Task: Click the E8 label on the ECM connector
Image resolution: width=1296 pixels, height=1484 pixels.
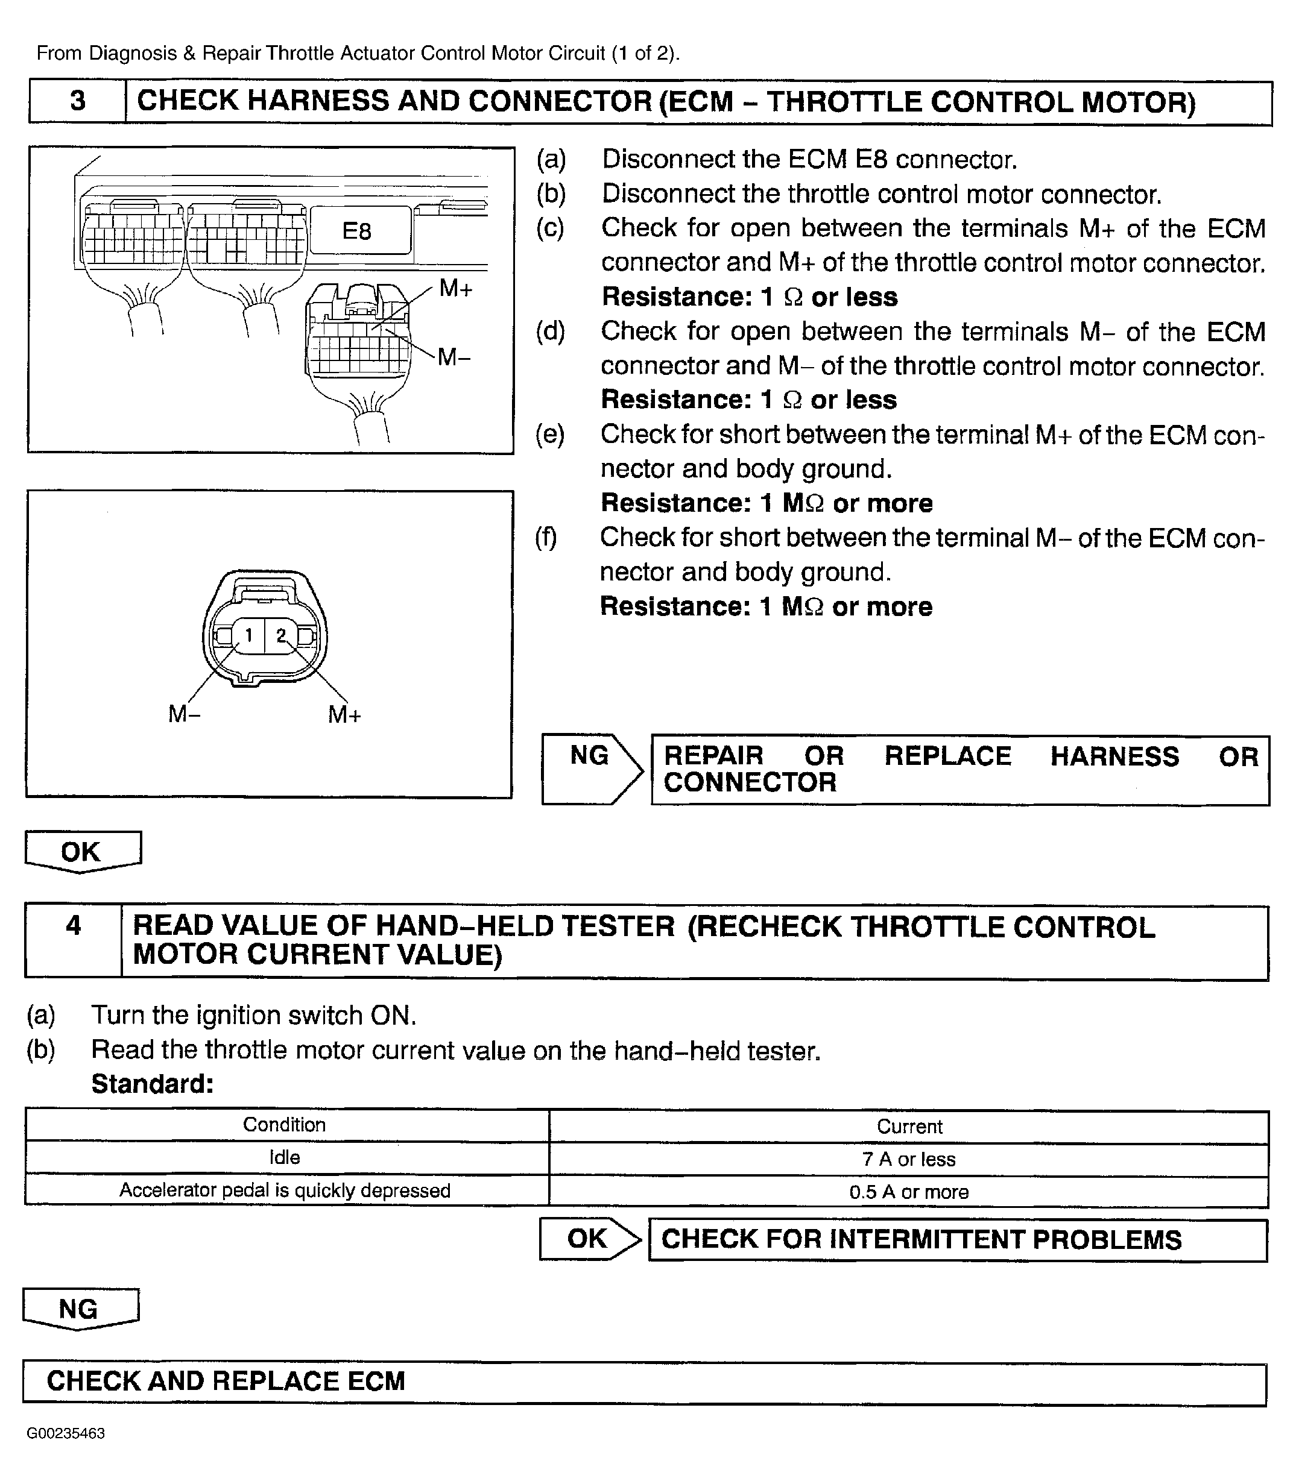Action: [x=356, y=231]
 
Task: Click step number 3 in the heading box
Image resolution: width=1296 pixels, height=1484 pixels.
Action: [x=77, y=101]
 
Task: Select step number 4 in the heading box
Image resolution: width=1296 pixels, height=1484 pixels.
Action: [x=74, y=926]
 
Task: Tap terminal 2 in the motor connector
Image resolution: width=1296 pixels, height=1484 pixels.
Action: [x=280, y=635]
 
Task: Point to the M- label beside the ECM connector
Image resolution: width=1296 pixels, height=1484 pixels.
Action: [x=454, y=356]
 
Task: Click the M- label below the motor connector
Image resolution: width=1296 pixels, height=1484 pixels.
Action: [x=185, y=714]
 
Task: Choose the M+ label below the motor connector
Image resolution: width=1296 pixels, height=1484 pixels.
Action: [x=344, y=715]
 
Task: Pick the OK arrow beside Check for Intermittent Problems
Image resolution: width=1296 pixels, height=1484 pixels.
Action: [x=587, y=1238]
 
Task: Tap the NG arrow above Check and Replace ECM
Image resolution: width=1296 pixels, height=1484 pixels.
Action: [x=79, y=1309]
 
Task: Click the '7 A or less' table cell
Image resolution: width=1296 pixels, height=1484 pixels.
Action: [x=908, y=1160]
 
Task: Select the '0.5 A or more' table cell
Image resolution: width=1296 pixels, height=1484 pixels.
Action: [x=908, y=1192]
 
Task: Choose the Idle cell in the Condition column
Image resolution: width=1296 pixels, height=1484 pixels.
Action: [x=284, y=1158]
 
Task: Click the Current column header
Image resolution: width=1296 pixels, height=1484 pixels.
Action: [x=909, y=1126]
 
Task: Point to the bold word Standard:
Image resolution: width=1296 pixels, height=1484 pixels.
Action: [x=153, y=1084]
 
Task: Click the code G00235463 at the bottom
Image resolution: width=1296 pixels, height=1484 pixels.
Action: [x=66, y=1433]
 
